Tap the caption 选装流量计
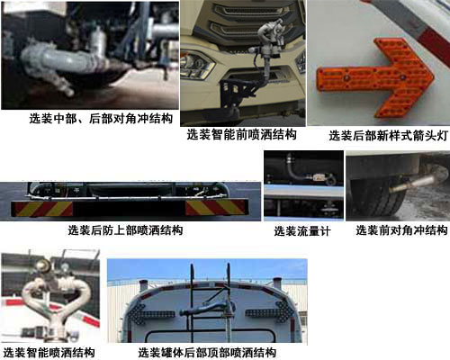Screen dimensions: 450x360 pos(302,231)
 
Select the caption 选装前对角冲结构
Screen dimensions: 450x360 pos(401,230)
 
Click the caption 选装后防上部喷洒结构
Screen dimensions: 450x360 pos(125,230)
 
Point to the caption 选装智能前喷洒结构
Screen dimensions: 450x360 pos(242,134)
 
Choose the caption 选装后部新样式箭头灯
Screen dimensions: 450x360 pos(389,135)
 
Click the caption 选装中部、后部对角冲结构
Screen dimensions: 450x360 pos(101,119)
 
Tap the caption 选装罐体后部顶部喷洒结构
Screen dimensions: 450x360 pos(207,353)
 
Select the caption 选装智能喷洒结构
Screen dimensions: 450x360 pos(49,353)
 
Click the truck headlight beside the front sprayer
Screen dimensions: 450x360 pos(196,65)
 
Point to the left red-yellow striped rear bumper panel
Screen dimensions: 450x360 pos(42,209)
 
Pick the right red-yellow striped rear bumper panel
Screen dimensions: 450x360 pos(217,208)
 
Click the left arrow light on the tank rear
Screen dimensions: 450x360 pos(150,313)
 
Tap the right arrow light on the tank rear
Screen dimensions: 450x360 pos(270,312)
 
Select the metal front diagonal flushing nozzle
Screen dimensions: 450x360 pos(416,183)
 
